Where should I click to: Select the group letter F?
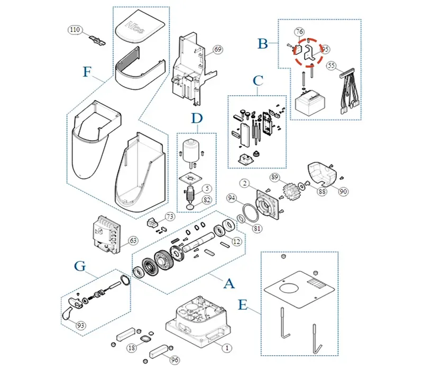87,72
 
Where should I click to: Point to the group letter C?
258,81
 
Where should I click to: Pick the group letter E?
243,305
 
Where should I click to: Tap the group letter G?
80,266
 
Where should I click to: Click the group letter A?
229,284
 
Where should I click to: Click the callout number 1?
226,348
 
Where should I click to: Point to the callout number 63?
133,240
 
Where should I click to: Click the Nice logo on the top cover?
132,25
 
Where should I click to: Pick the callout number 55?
332,66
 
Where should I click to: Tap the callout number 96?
174,359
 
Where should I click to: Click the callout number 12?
236,242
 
